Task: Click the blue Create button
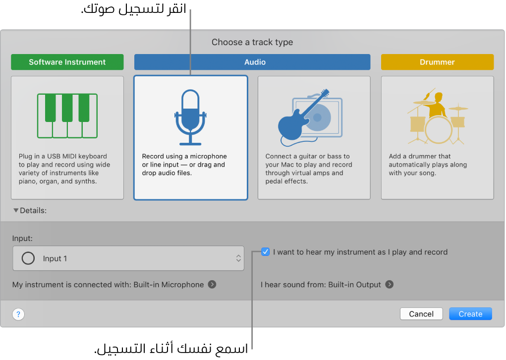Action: pos(470,314)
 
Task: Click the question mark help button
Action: pos(18,314)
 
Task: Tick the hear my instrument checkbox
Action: pos(266,252)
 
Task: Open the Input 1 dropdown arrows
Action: pos(238,258)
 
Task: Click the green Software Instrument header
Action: pos(67,62)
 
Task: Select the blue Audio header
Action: pos(252,62)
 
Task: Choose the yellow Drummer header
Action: pos(437,62)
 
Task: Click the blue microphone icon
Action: pos(190,117)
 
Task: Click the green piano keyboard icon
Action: pos(67,116)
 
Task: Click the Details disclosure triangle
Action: pos(16,210)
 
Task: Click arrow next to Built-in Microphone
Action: pos(212,285)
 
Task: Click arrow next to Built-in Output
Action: pos(390,285)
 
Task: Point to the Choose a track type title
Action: pos(252,42)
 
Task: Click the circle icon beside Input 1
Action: pos(28,258)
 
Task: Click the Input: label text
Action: pos(22,238)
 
